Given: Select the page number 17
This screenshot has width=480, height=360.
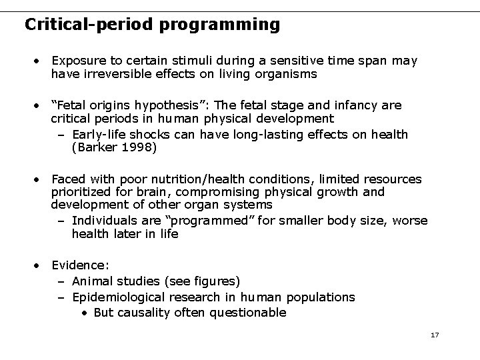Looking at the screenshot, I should click(x=435, y=334).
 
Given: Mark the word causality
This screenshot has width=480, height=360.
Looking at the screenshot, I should click(x=144, y=313).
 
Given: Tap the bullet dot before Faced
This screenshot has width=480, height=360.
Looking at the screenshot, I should click(x=40, y=179).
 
